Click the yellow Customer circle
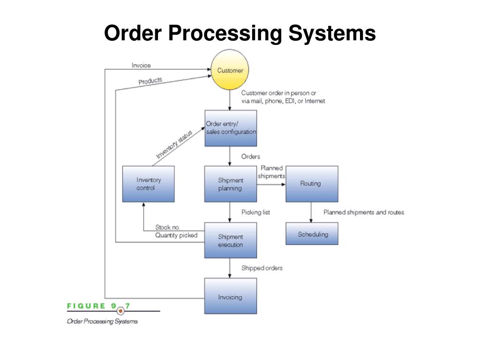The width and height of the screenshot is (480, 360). coord(230,70)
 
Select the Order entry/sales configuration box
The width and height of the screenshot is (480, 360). coord(231,128)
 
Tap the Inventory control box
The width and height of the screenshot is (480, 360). coord(149,184)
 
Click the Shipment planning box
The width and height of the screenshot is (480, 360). coord(231,184)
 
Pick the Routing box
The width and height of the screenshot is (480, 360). coord(312,184)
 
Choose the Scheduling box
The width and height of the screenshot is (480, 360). coord(312,233)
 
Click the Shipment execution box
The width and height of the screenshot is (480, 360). coord(231,240)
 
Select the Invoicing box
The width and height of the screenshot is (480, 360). coord(231,296)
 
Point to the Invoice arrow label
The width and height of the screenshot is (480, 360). coord(141,65)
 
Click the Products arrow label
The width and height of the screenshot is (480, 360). coord(150,81)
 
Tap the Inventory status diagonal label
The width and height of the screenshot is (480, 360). coord(174,144)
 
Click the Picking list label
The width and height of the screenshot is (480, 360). coord(255,212)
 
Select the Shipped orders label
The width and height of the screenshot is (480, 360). coord(262,268)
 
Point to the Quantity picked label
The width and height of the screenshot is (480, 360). coord(176,235)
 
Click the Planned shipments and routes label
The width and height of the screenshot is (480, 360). coord(364,212)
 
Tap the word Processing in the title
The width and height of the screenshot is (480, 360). coord(225,33)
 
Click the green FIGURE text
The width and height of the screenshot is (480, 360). coord(86,306)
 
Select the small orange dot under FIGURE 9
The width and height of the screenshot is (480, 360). coord(120,311)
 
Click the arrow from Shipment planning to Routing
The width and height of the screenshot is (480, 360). coord(271,184)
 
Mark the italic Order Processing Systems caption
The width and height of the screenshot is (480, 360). coord(102,322)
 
